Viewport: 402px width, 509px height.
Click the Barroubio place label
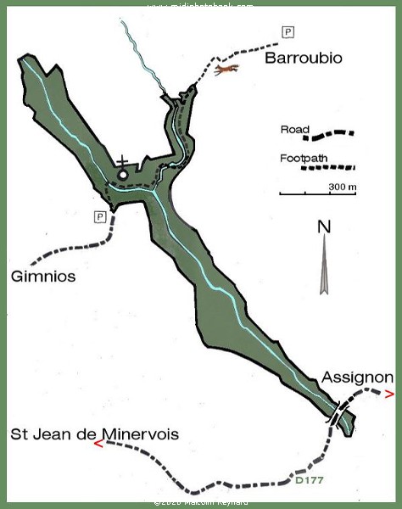point(303,59)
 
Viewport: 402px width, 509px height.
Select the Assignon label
point(357,378)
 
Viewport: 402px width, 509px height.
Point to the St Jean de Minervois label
point(94,433)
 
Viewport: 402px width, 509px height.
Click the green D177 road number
point(308,480)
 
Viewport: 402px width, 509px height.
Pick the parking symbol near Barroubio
point(288,32)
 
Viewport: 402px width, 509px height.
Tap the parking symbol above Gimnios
point(100,216)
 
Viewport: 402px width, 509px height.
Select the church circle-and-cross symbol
point(124,171)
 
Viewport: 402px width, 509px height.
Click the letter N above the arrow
point(322,227)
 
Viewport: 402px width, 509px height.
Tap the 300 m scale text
point(342,186)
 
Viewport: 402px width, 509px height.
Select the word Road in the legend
point(293,130)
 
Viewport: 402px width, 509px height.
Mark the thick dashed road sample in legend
point(332,134)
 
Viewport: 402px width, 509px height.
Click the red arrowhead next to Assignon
point(389,394)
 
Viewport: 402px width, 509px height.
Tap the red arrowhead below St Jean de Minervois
point(100,443)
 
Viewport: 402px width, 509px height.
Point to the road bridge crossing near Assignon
point(338,415)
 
